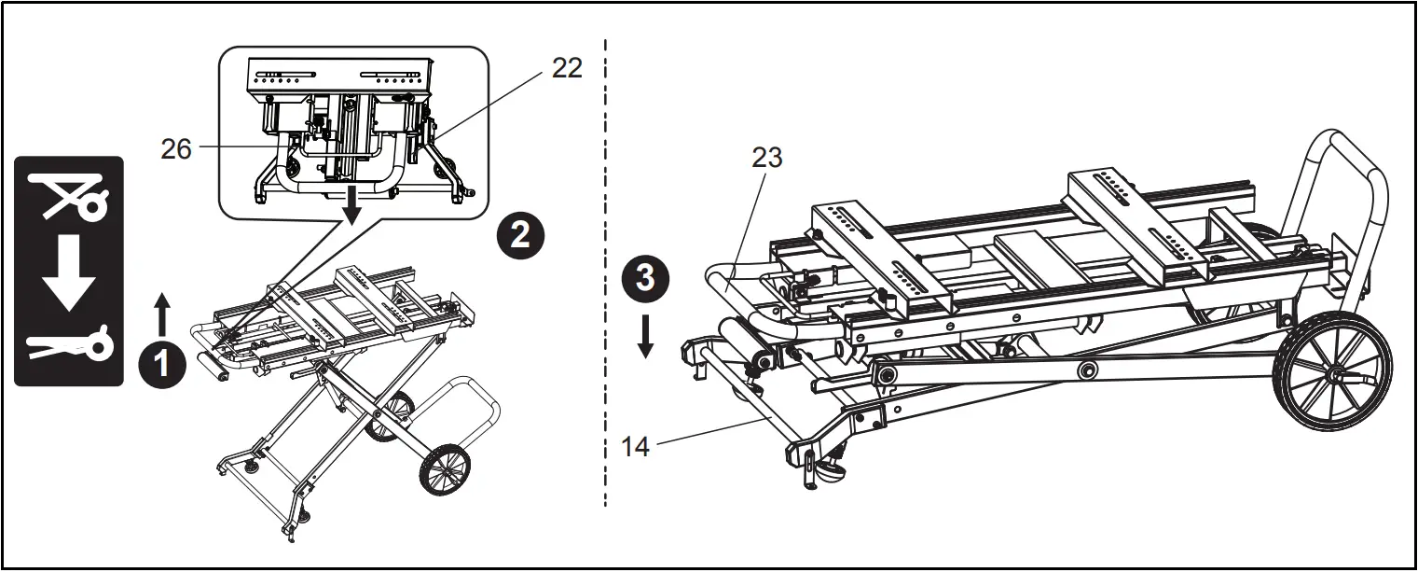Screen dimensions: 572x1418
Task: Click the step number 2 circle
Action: pos(519,234)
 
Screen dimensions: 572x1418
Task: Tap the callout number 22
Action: pos(566,68)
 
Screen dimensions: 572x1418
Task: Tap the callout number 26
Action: pos(176,148)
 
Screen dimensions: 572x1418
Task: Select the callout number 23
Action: pos(766,159)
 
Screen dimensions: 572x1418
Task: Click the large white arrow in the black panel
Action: pos(70,273)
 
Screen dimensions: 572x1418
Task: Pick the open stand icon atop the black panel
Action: pos(70,196)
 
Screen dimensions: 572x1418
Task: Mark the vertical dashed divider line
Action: pos(606,280)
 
